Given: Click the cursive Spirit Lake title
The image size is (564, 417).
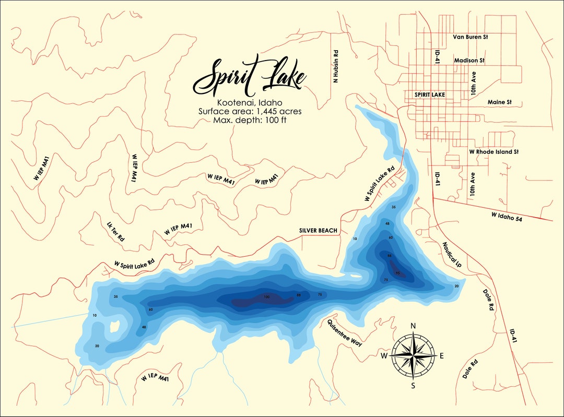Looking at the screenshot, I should (250, 79).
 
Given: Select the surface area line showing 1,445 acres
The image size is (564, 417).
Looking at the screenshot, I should (250, 111).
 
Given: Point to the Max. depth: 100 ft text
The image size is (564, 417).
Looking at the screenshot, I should (250, 120).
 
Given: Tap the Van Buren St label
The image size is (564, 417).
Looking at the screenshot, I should (470, 37).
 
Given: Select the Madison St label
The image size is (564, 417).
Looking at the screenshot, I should (469, 61).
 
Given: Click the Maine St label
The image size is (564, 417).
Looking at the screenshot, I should (499, 102).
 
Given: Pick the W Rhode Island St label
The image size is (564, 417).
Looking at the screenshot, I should (494, 152).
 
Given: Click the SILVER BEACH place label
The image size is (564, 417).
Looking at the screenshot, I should (318, 230).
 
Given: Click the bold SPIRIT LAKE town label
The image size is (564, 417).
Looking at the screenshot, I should (429, 95).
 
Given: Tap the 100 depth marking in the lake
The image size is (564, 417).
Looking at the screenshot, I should (266, 297).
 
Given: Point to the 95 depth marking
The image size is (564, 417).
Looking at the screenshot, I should (397, 273).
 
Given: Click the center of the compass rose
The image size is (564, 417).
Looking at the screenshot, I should (414, 356).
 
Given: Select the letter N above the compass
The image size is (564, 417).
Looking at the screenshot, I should (413, 326).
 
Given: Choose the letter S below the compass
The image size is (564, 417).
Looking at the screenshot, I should (413, 386).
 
